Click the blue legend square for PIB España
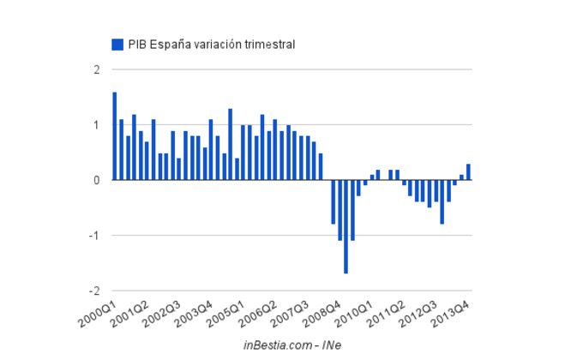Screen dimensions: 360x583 pyautogui.click(x=117, y=44)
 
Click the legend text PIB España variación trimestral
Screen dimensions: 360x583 pyautogui.click(x=212, y=44)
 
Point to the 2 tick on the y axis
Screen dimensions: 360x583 pyautogui.click(x=97, y=69)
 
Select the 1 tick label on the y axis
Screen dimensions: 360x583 pyautogui.click(x=97, y=125)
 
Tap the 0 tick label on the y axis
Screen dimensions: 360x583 pyautogui.click(x=97, y=180)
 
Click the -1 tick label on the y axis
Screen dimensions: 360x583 pyautogui.click(x=95, y=236)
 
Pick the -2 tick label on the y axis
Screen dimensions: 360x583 pyautogui.click(x=95, y=291)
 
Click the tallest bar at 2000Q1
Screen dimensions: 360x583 pyautogui.click(x=115, y=136)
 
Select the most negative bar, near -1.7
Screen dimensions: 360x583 pyautogui.click(x=346, y=226)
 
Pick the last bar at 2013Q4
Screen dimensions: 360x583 pyautogui.click(x=468, y=172)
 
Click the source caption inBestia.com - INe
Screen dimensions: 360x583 pyautogui.click(x=292, y=345)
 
